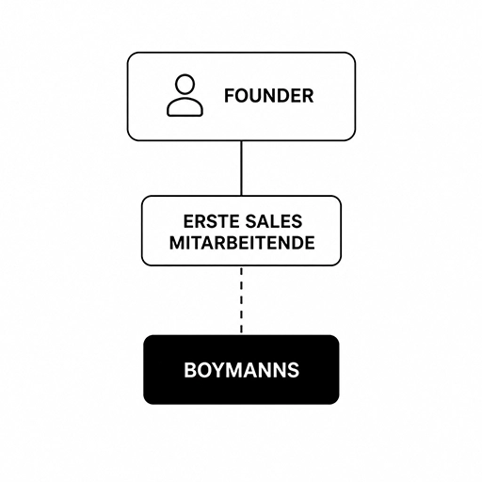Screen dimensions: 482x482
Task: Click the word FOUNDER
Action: pyautogui.click(x=268, y=96)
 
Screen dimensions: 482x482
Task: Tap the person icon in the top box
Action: pyautogui.click(x=185, y=95)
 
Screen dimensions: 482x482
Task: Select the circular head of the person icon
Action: pyautogui.click(x=185, y=84)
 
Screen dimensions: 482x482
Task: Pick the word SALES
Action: pyautogui.click(x=274, y=221)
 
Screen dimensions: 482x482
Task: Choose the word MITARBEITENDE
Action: pyautogui.click(x=242, y=243)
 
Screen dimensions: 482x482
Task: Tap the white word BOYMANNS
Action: pyautogui.click(x=241, y=370)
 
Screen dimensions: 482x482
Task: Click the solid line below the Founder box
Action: pyautogui.click(x=241, y=169)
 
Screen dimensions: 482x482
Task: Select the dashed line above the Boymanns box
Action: pyautogui.click(x=241, y=300)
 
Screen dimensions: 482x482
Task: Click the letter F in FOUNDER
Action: pyautogui.click(x=230, y=96)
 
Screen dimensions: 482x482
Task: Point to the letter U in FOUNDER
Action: pyautogui.click(x=257, y=96)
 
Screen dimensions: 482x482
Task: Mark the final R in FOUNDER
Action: pyautogui.click(x=308, y=96)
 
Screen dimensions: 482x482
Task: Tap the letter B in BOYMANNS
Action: pyautogui.click(x=190, y=370)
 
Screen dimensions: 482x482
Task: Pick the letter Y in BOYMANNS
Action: pyautogui.click(x=217, y=370)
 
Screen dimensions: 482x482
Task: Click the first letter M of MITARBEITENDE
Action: pyautogui.click(x=177, y=243)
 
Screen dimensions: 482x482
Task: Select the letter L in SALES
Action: pyautogui.click(x=275, y=221)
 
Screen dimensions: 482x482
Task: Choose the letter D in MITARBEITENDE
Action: pyautogui.click(x=296, y=243)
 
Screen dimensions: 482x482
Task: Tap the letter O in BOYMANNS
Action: pyautogui.click(x=203, y=370)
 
